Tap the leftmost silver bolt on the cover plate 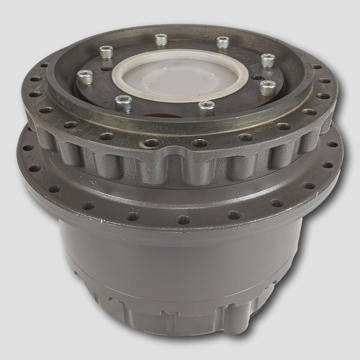point(84,77)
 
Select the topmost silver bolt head point(161,39)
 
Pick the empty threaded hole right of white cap point(257,78)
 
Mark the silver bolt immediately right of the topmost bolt point(223,42)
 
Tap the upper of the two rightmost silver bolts point(268,60)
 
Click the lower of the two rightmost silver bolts point(267,87)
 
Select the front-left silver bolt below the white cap point(123,102)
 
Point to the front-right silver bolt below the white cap point(206,107)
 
